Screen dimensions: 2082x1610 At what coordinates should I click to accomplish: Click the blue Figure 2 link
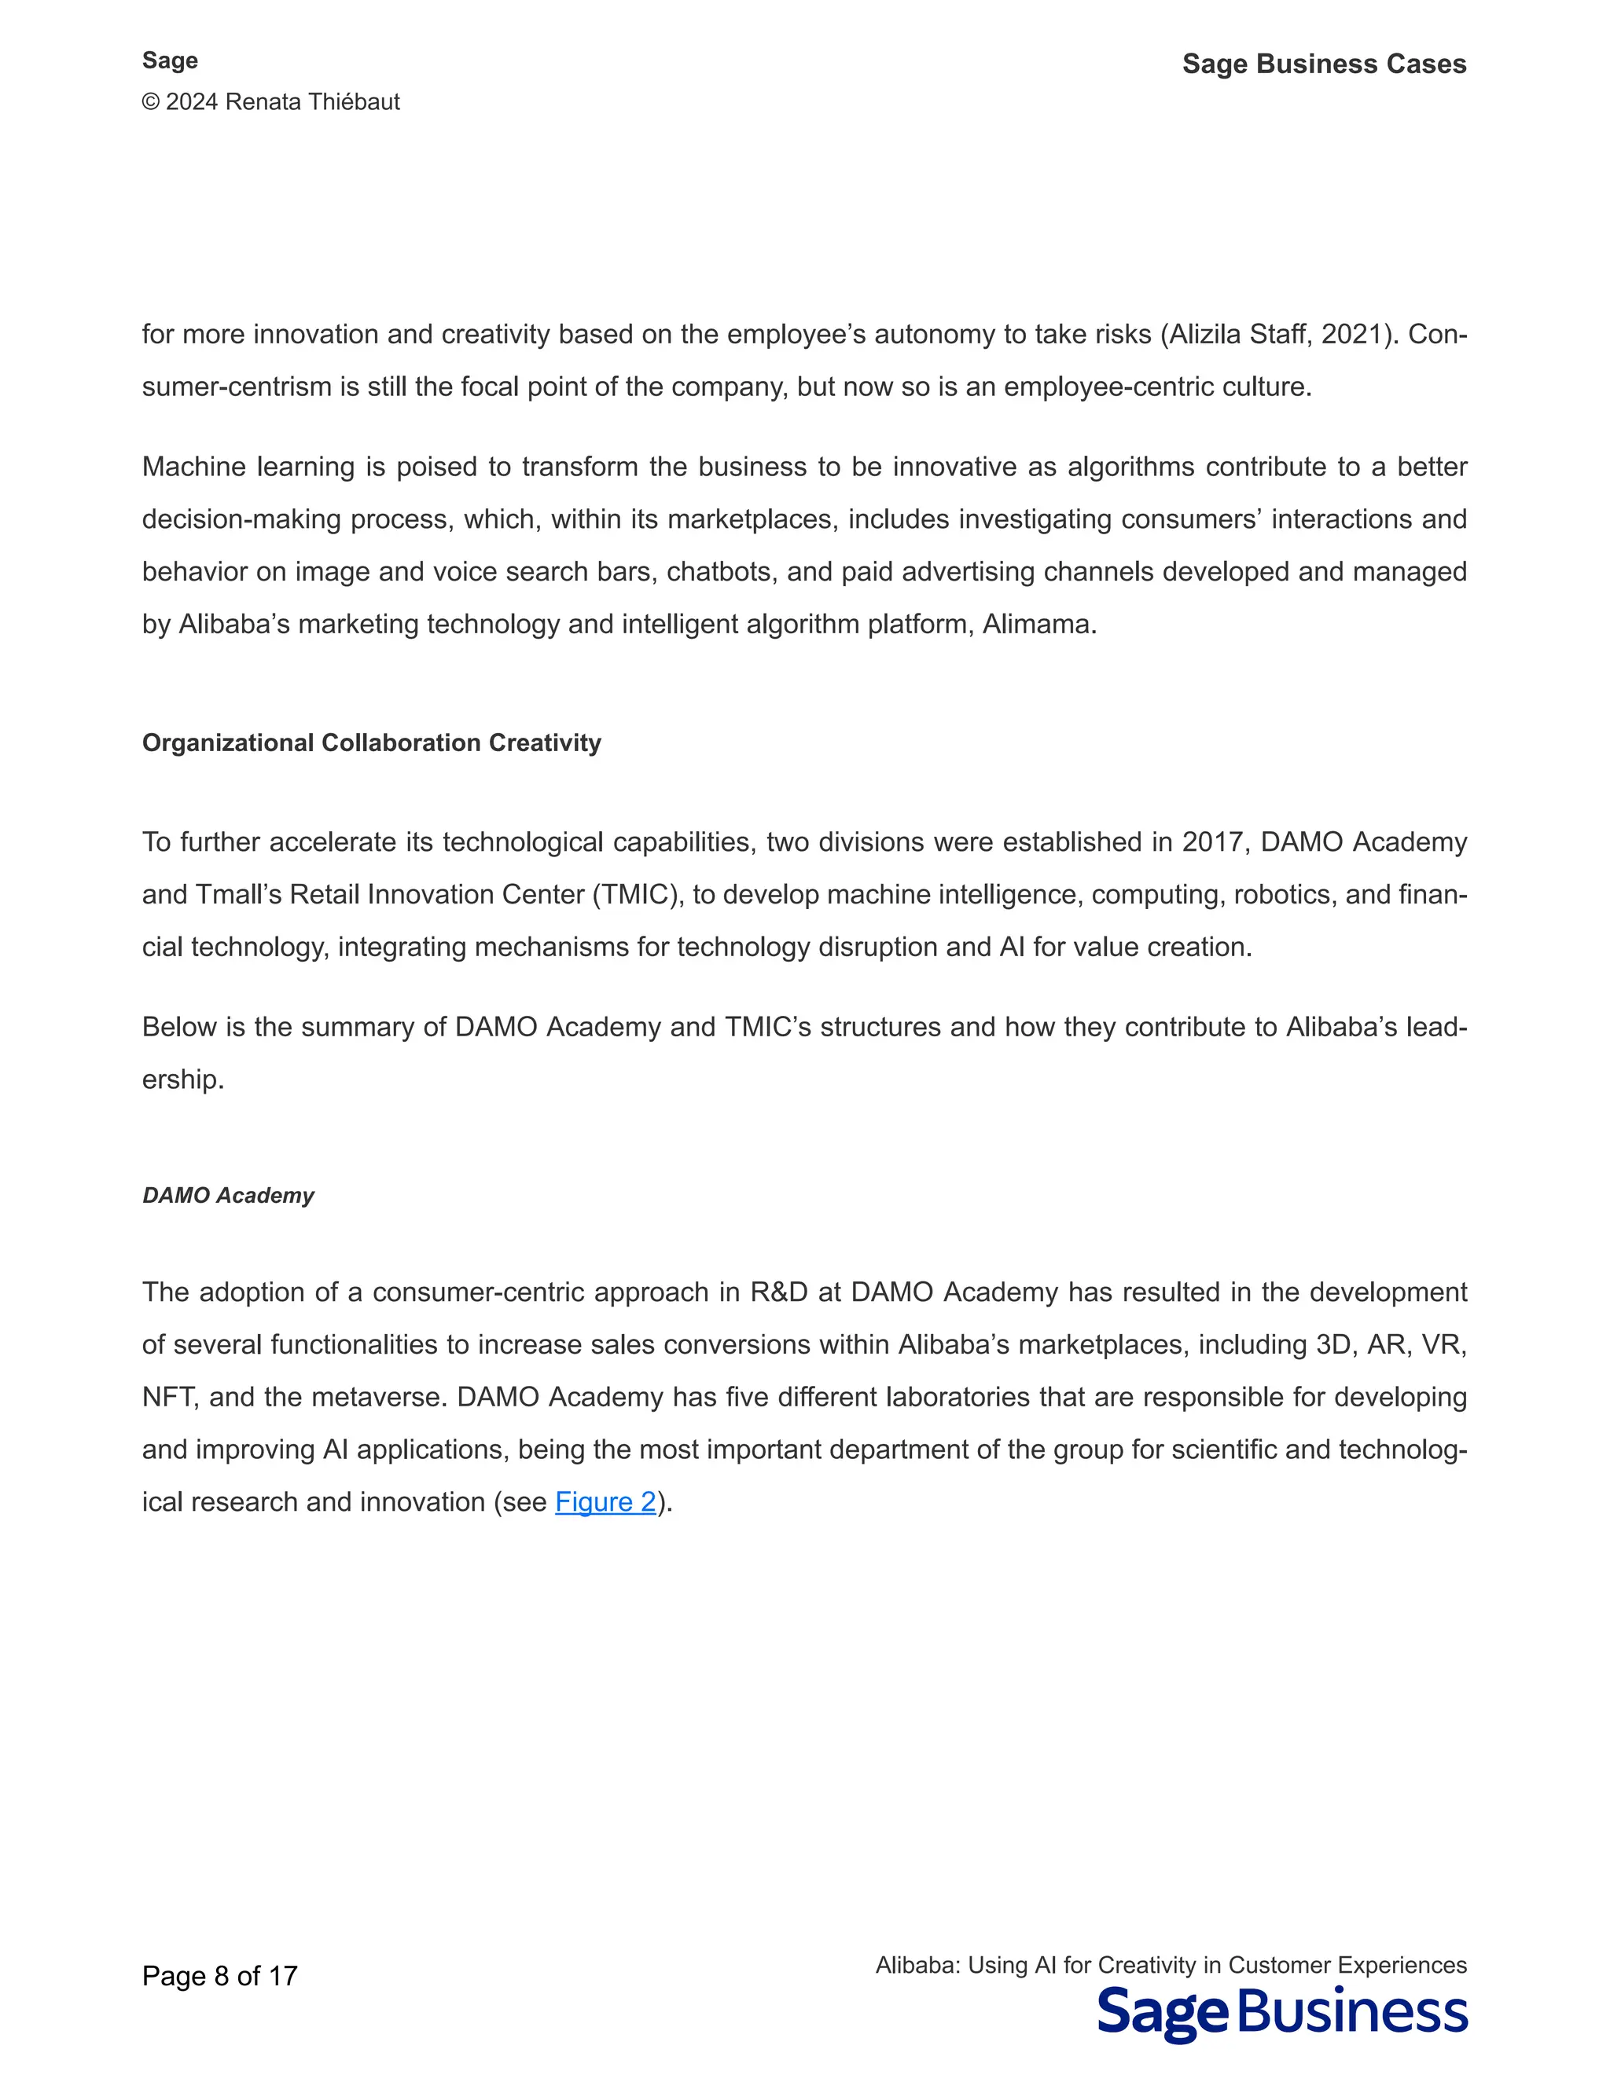(605, 1501)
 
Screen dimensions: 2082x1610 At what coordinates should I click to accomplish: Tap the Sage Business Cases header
(1324, 64)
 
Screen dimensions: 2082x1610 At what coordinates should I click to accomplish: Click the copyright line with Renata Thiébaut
(271, 102)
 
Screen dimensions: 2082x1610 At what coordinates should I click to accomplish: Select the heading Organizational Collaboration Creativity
(371, 742)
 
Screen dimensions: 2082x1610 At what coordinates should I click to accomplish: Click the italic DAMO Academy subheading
(228, 1196)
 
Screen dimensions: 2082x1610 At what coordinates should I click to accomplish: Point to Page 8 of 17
(219, 1976)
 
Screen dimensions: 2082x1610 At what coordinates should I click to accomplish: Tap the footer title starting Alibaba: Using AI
(1171, 1965)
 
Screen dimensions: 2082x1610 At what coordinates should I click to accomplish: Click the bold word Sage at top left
(170, 60)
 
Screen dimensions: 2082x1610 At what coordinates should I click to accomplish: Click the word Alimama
(1038, 625)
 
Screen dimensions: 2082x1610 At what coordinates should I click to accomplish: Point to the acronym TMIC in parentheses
(635, 895)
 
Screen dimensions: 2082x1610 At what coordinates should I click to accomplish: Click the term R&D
(778, 1292)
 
